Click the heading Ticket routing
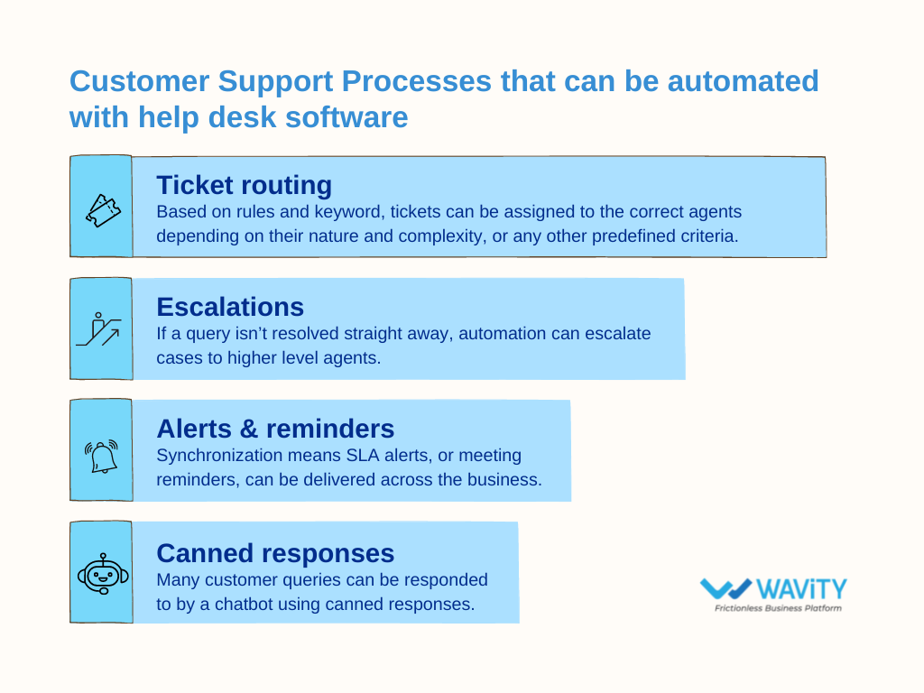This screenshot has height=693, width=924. click(x=244, y=185)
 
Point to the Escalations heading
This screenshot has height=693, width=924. click(x=230, y=307)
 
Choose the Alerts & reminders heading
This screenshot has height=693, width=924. click(x=275, y=428)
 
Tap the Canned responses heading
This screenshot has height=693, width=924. click(x=275, y=552)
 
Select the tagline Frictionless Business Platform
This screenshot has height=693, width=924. click(x=778, y=609)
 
